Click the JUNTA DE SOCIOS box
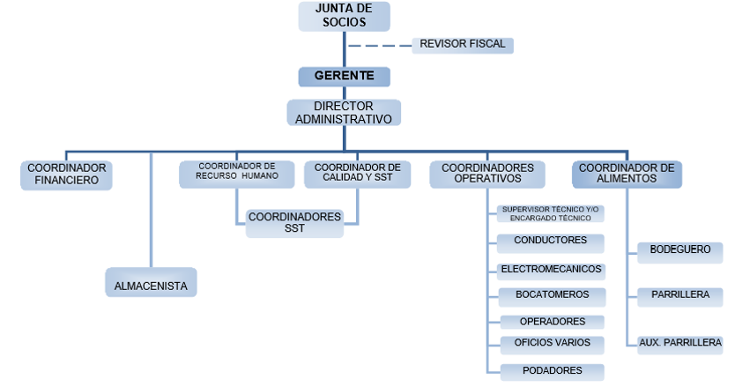point(344,17)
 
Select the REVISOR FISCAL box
point(463,46)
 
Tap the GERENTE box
point(344,77)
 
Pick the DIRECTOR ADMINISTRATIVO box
point(344,113)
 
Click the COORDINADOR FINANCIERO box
point(66,175)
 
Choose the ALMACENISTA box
point(151,282)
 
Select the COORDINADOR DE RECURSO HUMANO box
point(237,175)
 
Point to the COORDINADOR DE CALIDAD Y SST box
point(357,175)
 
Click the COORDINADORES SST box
point(294,223)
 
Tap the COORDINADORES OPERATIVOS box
point(487,175)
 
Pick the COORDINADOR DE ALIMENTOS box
point(627,175)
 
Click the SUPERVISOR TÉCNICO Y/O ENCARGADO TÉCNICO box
point(550,213)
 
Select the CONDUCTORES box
point(550,243)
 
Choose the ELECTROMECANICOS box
point(552,272)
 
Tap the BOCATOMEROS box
point(553,297)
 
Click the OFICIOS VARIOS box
point(553,345)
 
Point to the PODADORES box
point(553,372)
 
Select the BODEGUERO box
point(680,252)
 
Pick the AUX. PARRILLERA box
point(680,345)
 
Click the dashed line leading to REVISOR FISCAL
point(380,46)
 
